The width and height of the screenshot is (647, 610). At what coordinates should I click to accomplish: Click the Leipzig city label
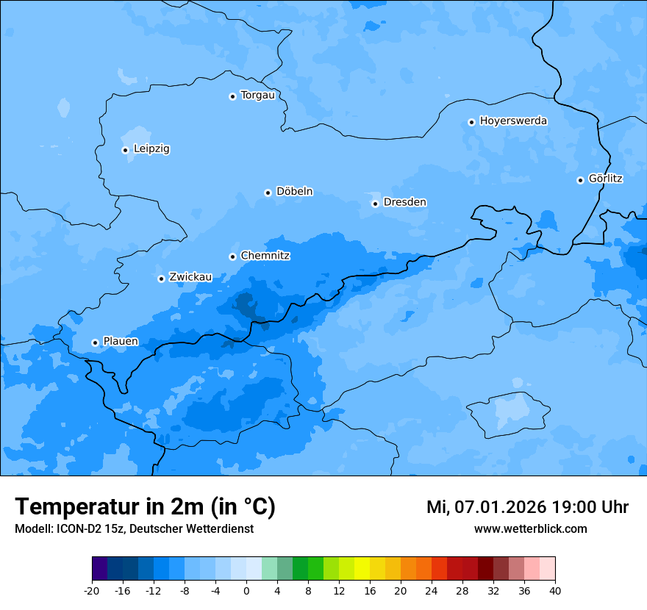[x=151, y=149]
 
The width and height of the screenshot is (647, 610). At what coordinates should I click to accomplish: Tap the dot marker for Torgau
[x=232, y=96]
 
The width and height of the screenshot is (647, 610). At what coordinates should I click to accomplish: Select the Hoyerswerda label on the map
[x=513, y=121]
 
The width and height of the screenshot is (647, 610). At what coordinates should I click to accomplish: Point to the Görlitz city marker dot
[x=580, y=180]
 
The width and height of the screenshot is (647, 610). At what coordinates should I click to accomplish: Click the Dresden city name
[x=404, y=202]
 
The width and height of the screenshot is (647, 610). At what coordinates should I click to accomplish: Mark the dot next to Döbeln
[x=268, y=193]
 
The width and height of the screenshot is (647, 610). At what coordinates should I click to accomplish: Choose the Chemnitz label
[x=265, y=256]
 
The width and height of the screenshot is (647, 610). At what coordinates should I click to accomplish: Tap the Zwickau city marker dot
[x=161, y=279]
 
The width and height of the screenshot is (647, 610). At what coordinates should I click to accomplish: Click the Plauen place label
[x=121, y=342]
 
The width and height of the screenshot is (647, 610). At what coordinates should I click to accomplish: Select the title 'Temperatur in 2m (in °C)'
[x=145, y=507]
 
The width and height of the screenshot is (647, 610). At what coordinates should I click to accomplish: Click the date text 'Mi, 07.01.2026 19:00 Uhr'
[x=527, y=507]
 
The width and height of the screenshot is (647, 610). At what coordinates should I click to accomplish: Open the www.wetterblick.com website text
[x=530, y=529]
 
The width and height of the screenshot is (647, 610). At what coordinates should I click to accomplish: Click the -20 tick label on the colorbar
[x=92, y=591]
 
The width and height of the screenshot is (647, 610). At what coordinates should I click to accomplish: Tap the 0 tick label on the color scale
[x=246, y=591]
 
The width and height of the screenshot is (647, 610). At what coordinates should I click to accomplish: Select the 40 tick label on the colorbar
[x=555, y=591]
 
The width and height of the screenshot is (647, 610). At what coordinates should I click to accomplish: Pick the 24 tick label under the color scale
[x=432, y=591]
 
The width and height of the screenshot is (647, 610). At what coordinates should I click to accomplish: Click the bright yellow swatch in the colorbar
[x=362, y=569]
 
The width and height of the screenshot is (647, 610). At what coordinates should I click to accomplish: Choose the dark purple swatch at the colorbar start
[x=99, y=569]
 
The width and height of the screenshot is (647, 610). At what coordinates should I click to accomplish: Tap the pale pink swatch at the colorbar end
[x=548, y=569]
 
